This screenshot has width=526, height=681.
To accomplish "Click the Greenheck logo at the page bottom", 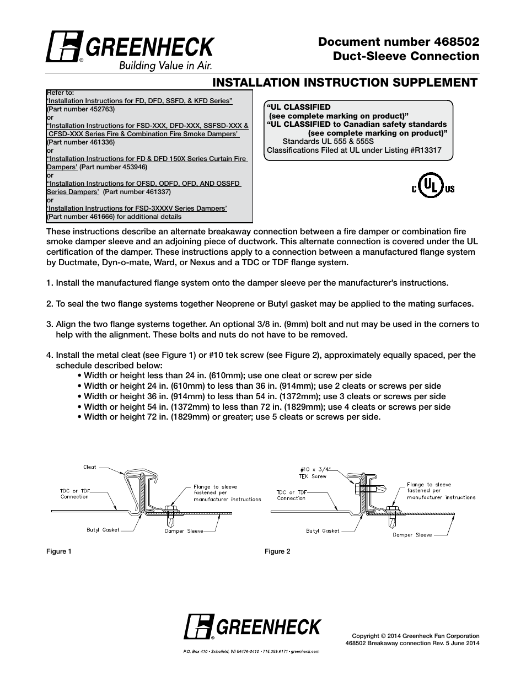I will click(252, 627).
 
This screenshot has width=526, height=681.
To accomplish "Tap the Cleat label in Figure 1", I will click(89, 467).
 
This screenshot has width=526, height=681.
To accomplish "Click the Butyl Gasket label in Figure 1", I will click(103, 530).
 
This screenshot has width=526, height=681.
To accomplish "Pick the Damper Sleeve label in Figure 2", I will click(412, 535).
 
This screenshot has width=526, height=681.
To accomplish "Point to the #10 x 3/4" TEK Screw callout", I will click(312, 473).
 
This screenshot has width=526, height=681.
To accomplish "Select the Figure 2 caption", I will click(277, 551).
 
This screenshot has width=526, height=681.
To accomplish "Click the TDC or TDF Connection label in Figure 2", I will click(292, 495).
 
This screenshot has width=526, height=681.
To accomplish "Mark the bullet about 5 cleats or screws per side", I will click(232, 417).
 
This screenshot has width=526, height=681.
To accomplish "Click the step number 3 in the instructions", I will click(49, 324).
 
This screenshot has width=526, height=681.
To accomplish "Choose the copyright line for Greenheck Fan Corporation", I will click(415, 636).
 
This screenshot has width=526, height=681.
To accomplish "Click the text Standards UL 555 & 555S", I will click(328, 141).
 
